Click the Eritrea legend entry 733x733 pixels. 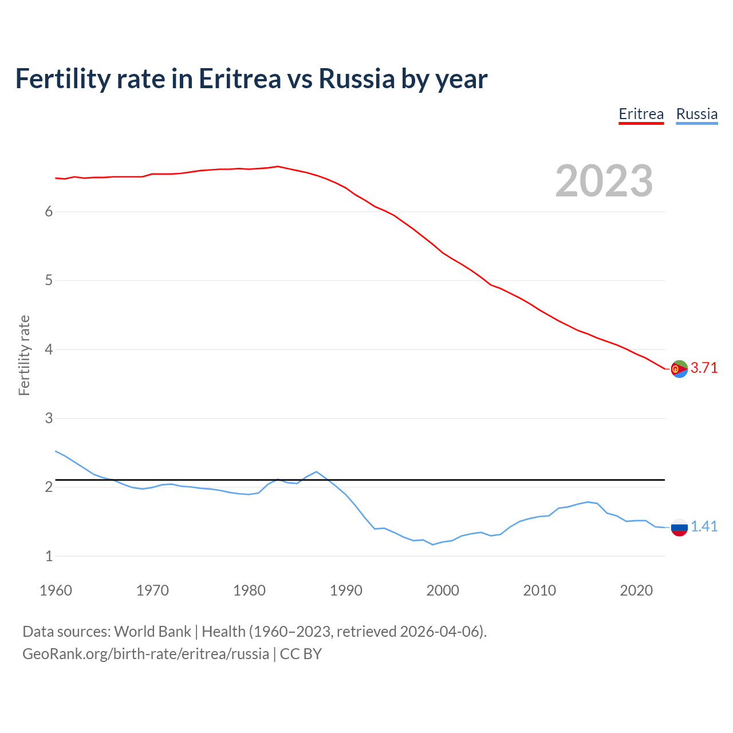point(641,114)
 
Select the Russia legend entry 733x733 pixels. point(696,114)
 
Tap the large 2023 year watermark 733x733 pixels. point(604,181)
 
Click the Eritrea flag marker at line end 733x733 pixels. point(679,369)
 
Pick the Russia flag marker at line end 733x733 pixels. point(679,527)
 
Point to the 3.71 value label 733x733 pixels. point(704,368)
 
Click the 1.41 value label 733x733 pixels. point(704,527)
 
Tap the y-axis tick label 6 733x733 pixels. point(49,212)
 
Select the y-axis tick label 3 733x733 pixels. point(49,419)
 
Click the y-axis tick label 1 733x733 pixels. point(49,556)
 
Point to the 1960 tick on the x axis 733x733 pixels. point(56,590)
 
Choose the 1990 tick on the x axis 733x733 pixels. point(346,590)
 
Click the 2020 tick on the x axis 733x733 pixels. point(636,590)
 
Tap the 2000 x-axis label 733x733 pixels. point(443,590)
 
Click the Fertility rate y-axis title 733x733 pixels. point(24,355)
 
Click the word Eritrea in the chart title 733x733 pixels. point(239,79)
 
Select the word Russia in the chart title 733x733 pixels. point(357,79)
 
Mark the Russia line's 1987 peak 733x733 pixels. point(316,472)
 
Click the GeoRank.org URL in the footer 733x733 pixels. point(145,654)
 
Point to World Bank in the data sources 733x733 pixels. point(152,632)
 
